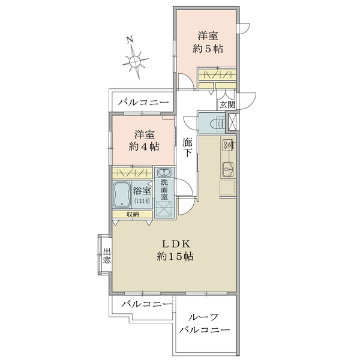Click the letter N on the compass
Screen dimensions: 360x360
click(x=130, y=40)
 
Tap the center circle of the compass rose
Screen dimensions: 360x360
click(x=134, y=61)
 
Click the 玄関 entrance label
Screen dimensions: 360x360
click(x=227, y=104)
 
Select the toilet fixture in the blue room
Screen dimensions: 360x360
click(x=217, y=124)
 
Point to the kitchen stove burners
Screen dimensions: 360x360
click(x=227, y=145)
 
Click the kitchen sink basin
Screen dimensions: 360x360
click(x=228, y=170)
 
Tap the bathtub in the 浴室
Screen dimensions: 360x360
click(x=122, y=194)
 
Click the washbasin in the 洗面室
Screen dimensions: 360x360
click(x=164, y=172)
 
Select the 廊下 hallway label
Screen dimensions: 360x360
click(x=187, y=148)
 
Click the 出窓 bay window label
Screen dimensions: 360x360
click(x=107, y=256)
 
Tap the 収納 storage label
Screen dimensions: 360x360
click(x=133, y=214)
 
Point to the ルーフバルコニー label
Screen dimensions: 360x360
click(x=204, y=324)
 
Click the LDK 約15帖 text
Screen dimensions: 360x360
click(x=175, y=250)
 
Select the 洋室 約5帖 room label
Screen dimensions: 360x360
click(x=208, y=43)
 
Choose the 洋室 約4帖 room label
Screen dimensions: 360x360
click(x=144, y=140)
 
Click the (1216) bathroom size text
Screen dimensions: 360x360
click(x=142, y=201)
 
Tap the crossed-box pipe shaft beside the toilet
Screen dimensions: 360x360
click(x=231, y=122)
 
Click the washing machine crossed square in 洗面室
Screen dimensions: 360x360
click(x=164, y=209)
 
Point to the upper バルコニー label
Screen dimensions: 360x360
click(x=143, y=102)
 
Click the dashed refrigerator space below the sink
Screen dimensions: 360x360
click(x=227, y=187)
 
